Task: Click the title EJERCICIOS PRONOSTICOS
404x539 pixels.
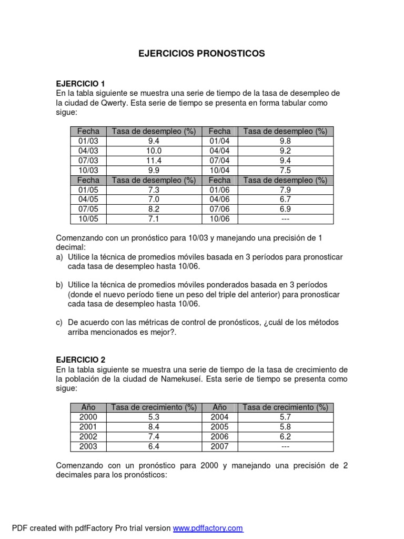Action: coord(201,54)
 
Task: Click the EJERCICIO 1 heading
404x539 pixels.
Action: coord(80,84)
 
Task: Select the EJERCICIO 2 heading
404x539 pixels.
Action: coord(80,360)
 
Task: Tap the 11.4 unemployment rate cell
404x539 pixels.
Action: coord(154,161)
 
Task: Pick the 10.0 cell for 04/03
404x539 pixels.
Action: coord(154,151)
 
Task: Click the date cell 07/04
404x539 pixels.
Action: coord(220,161)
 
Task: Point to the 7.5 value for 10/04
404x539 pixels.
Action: coord(286,171)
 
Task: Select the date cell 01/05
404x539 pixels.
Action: coord(88,189)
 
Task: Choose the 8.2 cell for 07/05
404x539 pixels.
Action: coord(154,209)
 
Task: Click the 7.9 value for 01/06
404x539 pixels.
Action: coord(286,189)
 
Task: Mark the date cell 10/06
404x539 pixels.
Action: coord(220,219)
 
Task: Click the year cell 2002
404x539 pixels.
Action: coord(88,437)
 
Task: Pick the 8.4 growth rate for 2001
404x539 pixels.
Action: coord(154,427)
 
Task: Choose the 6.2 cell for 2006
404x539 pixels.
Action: coord(286,437)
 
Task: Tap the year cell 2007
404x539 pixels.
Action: coord(220,446)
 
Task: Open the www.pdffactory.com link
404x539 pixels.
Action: coord(208,528)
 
